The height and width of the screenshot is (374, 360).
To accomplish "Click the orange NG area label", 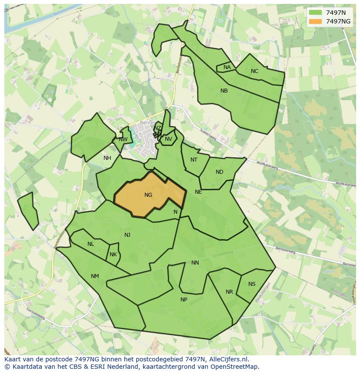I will pos(148,195).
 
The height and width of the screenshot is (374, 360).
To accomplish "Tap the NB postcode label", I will pos(224,91).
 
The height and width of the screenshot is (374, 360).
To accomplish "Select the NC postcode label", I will pos(254,71).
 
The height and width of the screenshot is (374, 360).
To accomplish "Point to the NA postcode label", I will pos(227,67).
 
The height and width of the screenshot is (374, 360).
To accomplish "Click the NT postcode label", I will pos(194,160).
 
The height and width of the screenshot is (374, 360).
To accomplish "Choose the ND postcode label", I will pos(219,172).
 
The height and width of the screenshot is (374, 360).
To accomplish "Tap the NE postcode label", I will pos(198,192).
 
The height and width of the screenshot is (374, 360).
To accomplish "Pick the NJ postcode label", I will pos(127,235).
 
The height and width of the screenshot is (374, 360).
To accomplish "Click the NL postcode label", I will pos(90,244).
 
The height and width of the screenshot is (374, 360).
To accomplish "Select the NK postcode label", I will pos(113,255).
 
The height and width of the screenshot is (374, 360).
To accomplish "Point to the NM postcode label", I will pos(95,276).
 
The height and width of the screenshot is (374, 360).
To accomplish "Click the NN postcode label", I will pos(195,263).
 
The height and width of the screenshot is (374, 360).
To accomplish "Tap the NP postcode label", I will pos(184,300).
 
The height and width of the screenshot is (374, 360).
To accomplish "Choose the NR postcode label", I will pos(229,292).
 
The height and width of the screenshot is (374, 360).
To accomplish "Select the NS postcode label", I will pos(252,284).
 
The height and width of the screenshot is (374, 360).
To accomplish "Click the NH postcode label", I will pos(107,158).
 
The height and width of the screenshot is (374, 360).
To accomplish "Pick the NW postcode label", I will pos(123,139).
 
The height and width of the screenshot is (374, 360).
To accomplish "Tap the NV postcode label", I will pos(168,139).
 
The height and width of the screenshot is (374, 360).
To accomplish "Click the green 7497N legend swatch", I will pos(315,13).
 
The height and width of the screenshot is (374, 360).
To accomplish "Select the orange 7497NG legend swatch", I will pos(315,21).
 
